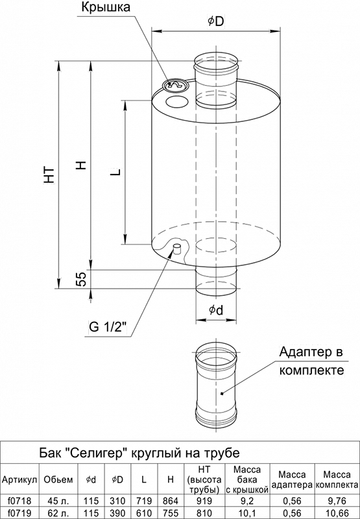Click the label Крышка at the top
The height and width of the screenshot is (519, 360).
pos(106,7)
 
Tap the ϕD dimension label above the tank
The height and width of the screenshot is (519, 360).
pos(216,21)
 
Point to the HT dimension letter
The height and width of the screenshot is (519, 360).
pos(50,175)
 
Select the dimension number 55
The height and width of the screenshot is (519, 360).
pos(81,278)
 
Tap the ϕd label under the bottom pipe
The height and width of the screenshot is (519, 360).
pos(216,310)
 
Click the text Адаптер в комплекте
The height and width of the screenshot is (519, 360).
pos(311,361)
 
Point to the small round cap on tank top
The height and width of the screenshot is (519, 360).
pos(174,85)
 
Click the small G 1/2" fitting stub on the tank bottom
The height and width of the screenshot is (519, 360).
pos(177,248)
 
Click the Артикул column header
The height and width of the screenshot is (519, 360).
pos(19,480)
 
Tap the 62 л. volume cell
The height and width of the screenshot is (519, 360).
pos(58,513)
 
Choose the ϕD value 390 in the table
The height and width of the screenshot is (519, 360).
pos(117,513)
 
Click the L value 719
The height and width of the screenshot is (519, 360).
pos(144,501)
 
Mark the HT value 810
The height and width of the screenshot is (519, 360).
pos(204,513)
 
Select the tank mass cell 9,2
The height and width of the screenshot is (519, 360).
pos(247,501)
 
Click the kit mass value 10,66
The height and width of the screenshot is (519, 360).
pos(337,513)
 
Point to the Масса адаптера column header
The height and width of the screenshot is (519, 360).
pos(291,480)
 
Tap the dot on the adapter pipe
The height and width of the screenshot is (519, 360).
pos(222,394)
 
